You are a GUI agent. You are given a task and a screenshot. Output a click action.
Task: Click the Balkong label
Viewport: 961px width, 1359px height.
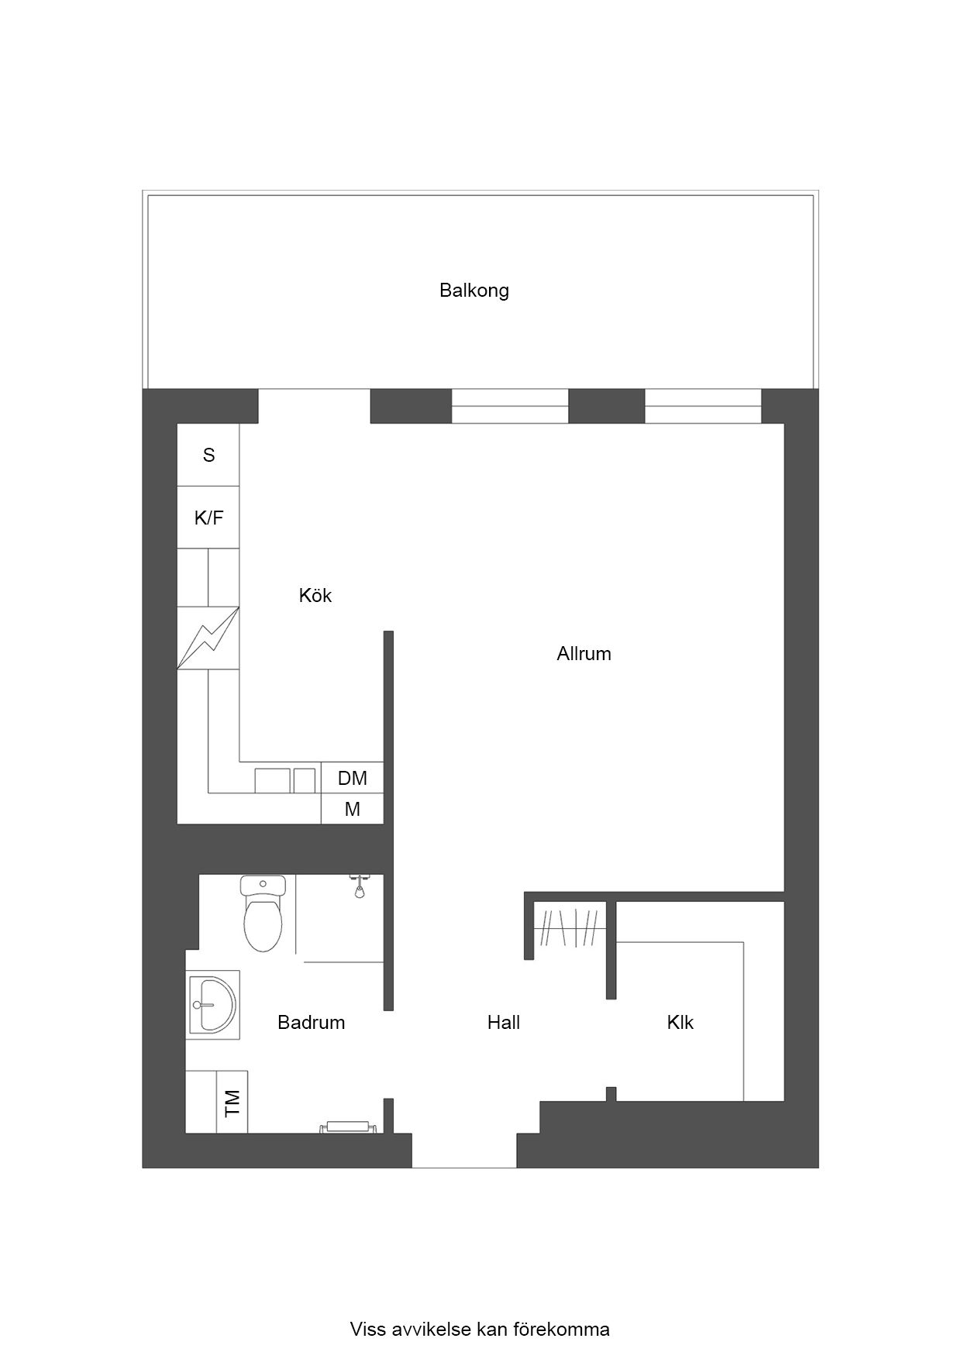[x=474, y=291]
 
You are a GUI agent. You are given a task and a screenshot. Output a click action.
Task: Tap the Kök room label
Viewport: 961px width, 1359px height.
[x=315, y=595]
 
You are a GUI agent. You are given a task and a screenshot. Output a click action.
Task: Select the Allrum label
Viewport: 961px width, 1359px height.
[x=584, y=654]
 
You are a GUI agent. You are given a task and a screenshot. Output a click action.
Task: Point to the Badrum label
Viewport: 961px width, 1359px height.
[x=311, y=1023]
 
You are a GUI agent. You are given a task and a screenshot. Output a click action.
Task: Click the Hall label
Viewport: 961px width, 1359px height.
[x=504, y=1023]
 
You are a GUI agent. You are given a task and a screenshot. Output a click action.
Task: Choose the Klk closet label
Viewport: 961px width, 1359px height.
[x=680, y=1023]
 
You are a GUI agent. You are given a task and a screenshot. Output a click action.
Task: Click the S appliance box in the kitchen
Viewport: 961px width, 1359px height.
[x=208, y=455]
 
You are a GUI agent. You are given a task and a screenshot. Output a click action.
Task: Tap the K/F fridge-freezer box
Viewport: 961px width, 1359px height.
[x=208, y=518]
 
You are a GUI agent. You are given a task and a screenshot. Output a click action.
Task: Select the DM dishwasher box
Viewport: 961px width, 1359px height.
[x=353, y=778]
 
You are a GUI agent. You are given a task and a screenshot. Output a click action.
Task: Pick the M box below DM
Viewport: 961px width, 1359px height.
[x=353, y=809]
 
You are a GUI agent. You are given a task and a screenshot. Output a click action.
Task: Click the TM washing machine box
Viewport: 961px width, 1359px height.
[x=232, y=1102]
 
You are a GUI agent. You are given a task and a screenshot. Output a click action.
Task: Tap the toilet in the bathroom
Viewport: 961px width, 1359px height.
[x=263, y=913]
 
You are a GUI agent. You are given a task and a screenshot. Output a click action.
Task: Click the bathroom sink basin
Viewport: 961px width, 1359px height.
[x=212, y=1005]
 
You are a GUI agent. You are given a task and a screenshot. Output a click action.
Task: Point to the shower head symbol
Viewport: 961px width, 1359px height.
[x=359, y=886]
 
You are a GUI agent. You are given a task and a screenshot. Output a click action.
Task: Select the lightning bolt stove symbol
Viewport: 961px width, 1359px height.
[x=208, y=638]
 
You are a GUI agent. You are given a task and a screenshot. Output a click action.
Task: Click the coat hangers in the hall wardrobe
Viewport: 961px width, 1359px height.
[x=570, y=927]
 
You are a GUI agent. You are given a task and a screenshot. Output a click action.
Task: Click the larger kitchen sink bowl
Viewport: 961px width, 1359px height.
[x=273, y=780]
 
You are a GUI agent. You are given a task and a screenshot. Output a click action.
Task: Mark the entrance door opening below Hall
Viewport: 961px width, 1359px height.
[x=464, y=1151]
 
